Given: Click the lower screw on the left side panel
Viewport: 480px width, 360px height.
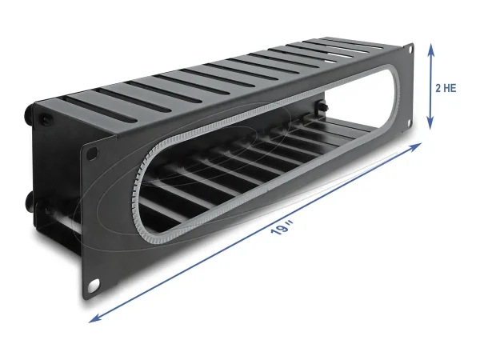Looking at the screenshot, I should pos(41,199).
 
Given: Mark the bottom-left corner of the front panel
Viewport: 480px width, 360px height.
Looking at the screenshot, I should pos(84,298).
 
